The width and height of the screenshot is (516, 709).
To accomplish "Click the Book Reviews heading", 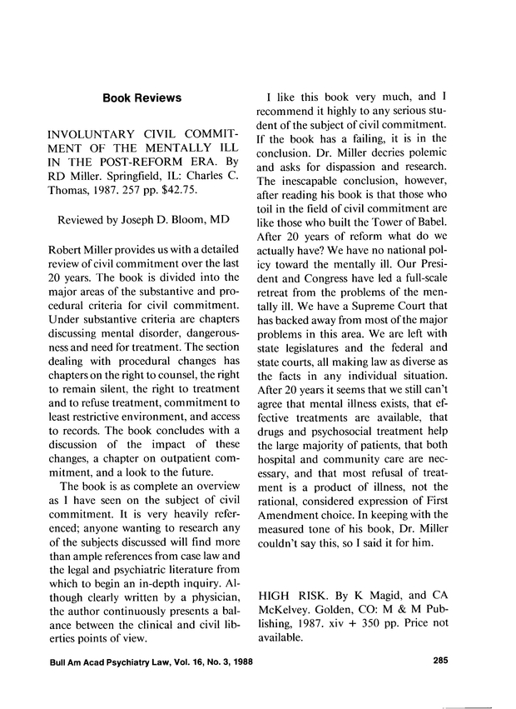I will coord(141,98).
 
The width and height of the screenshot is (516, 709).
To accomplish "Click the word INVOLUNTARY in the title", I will coord(89,133).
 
